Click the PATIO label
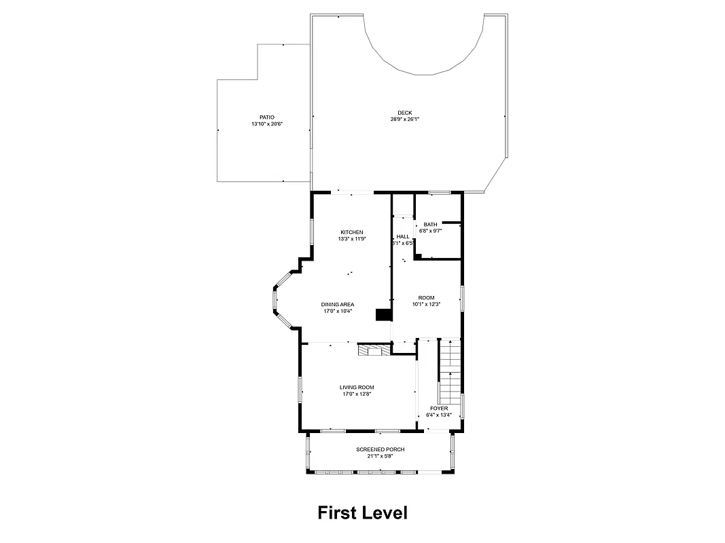(x=267, y=117)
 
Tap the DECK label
(x=405, y=113)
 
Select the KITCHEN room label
(x=352, y=232)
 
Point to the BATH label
(x=431, y=225)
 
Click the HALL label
(x=403, y=236)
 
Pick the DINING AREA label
(x=338, y=304)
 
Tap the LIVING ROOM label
(x=357, y=388)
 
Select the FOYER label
(x=439, y=409)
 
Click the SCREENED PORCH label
(x=381, y=449)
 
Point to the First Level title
(x=363, y=512)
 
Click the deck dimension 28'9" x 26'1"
(x=405, y=119)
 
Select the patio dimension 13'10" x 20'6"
(x=267, y=124)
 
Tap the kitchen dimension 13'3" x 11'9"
(x=352, y=239)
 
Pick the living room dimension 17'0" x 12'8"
(x=357, y=394)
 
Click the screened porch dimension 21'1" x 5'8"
(x=381, y=456)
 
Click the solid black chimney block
(x=384, y=315)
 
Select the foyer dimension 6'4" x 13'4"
(x=439, y=415)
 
